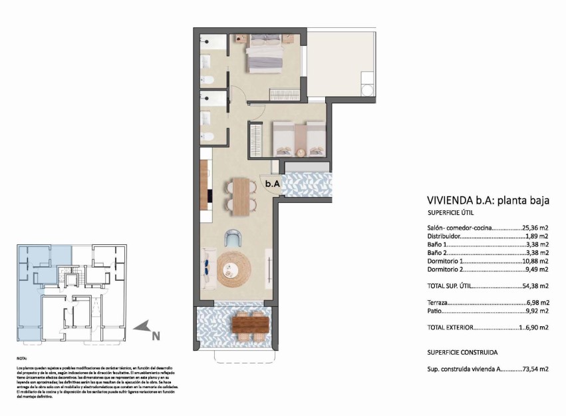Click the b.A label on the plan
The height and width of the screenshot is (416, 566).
click(x=272, y=183)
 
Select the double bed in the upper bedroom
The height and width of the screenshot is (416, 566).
click(x=265, y=54)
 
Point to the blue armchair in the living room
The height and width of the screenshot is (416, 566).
click(x=233, y=238)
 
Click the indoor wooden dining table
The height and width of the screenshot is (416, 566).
click(x=240, y=196)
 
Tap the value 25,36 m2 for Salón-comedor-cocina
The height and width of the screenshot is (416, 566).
click(x=535, y=227)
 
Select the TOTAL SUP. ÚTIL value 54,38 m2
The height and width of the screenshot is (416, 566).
click(x=535, y=286)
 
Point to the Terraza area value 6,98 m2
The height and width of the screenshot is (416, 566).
click(x=536, y=303)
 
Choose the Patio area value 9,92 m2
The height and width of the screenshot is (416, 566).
click(x=536, y=311)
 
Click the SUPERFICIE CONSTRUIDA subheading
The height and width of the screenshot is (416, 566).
click(x=462, y=352)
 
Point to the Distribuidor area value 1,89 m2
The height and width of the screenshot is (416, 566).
click(x=536, y=236)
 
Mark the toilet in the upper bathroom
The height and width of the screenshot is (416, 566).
click(x=208, y=81)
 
